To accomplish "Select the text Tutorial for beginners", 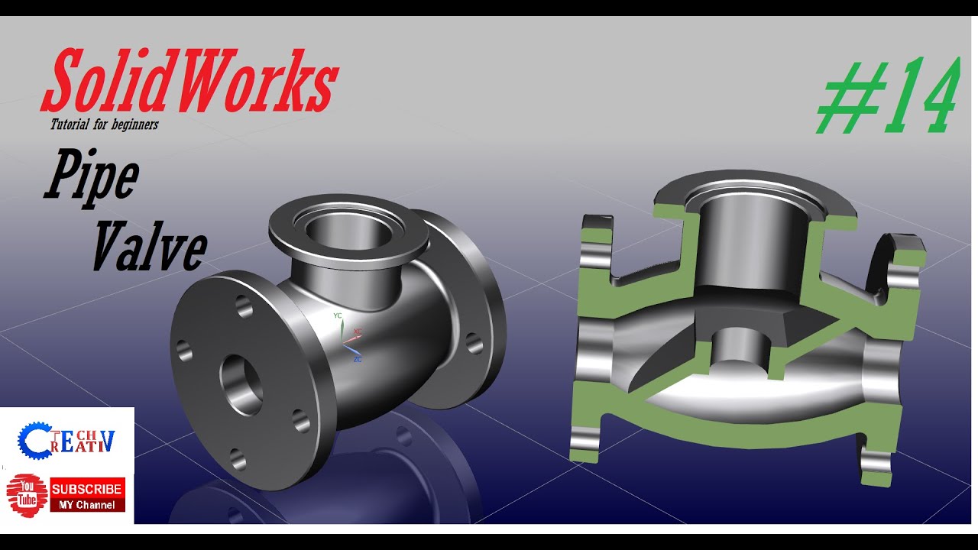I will point(104,124).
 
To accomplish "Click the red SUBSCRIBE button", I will point(86,489).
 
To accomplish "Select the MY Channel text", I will point(86,505).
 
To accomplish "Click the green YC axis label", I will point(338,315).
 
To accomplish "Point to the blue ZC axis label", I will point(357,358).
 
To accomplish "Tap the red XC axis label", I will point(358,332).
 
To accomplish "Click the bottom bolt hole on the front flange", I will point(237,458).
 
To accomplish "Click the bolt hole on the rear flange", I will point(474,343).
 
